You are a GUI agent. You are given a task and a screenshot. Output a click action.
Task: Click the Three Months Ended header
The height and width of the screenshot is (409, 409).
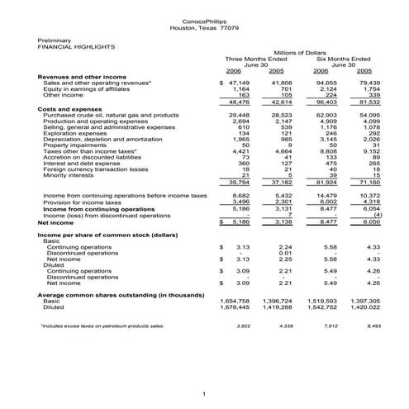(257, 59)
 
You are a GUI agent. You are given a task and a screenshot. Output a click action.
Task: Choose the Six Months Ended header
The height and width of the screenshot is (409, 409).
(344, 59)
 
